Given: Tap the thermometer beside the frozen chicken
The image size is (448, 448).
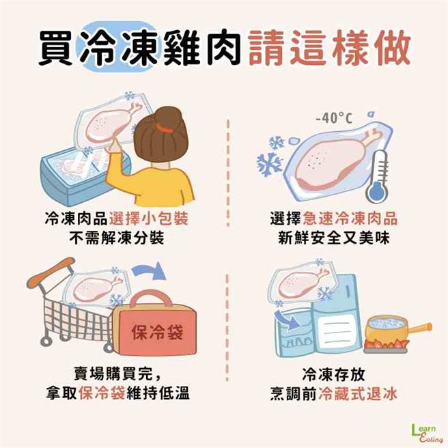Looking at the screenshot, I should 378,177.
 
